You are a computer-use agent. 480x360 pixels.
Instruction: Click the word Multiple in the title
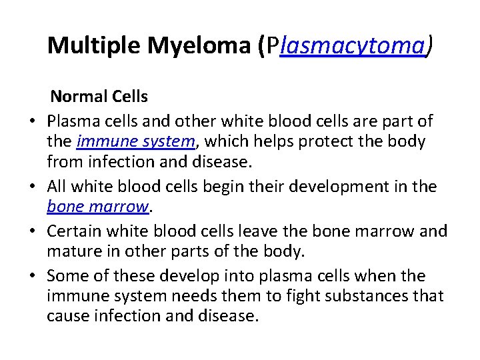click(x=95, y=45)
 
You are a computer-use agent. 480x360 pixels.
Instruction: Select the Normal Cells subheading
click(x=99, y=97)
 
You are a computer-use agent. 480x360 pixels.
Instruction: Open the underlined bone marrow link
click(x=97, y=207)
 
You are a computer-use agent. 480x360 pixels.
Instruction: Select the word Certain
click(x=74, y=232)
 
